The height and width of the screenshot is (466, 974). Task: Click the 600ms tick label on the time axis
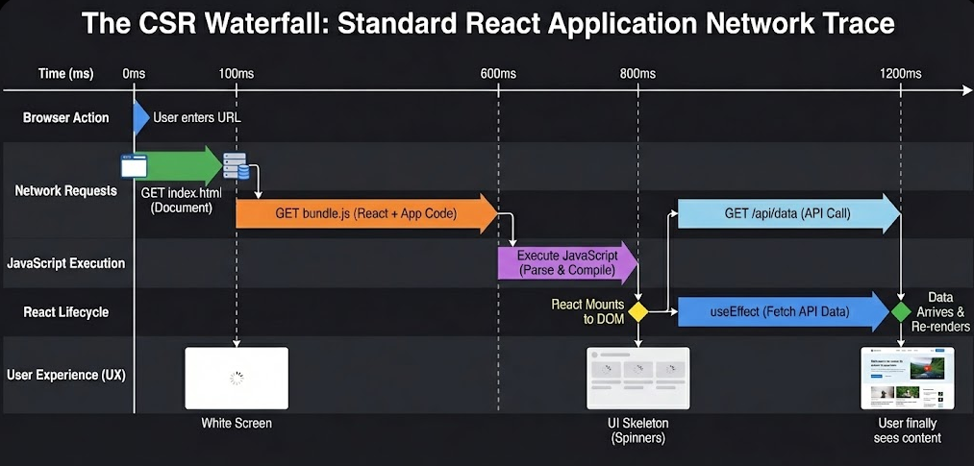coord(498,74)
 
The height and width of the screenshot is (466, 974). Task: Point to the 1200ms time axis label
coord(901,74)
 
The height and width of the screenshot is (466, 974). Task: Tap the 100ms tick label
coord(237,74)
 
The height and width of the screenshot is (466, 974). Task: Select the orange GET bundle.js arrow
coord(365,213)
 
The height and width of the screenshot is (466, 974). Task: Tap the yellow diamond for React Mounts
coord(637,311)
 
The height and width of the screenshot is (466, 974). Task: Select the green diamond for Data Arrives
coord(901,311)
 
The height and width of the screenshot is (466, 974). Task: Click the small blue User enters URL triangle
coord(141,117)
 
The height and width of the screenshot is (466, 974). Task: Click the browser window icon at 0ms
coord(133,165)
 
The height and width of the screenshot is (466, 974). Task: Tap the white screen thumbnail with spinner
coord(237,378)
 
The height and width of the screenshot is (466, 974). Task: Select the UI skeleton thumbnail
coord(637,378)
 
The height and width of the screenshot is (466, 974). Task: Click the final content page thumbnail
coord(907,378)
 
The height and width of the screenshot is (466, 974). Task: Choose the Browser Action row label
coord(65,117)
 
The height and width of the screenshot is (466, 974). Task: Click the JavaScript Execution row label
coord(66,262)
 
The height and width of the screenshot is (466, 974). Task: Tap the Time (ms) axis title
coord(65,74)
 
